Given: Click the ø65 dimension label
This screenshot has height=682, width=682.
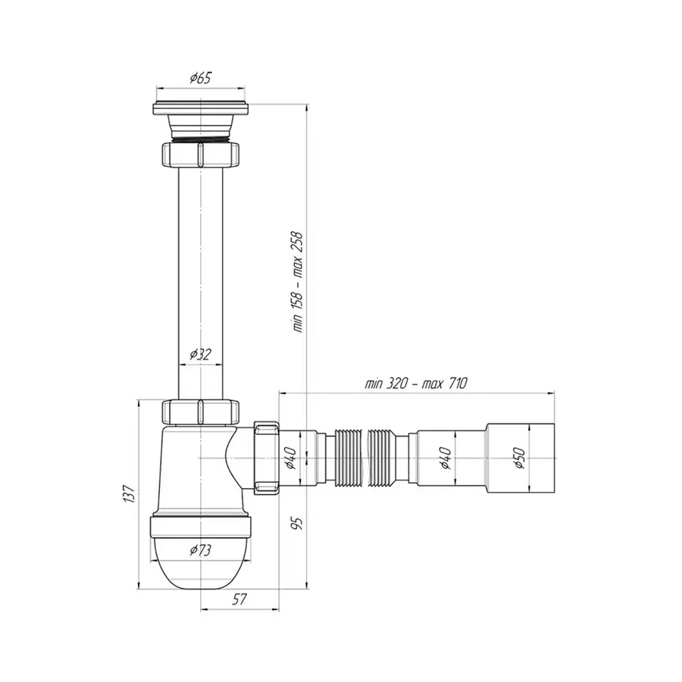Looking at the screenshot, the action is (x=200, y=78).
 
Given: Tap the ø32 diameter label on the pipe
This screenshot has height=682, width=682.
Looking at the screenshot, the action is (x=200, y=355).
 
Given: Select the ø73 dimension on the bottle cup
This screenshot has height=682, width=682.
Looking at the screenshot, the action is (x=200, y=550).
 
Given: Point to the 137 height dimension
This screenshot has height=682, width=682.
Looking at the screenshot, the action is (x=129, y=494).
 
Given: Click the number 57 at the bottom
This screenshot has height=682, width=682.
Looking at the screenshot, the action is (x=239, y=599).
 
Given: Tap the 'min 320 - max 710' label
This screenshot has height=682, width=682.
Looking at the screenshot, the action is (x=416, y=383).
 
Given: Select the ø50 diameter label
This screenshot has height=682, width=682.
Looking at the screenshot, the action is (x=519, y=458).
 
